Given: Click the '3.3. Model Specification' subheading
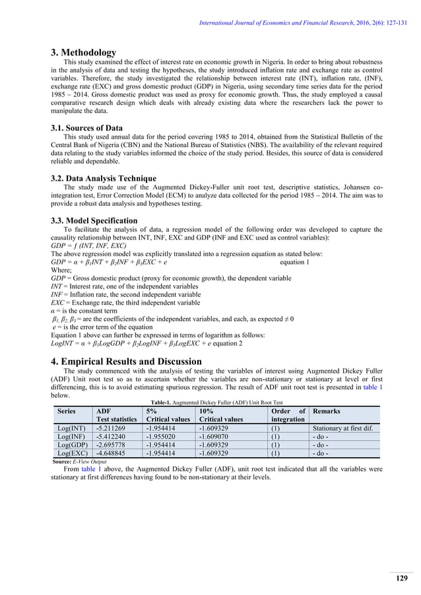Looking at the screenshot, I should click(x=94, y=220).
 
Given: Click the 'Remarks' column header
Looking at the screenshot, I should click(x=326, y=410).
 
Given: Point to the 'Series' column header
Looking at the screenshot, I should click(x=65, y=410).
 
